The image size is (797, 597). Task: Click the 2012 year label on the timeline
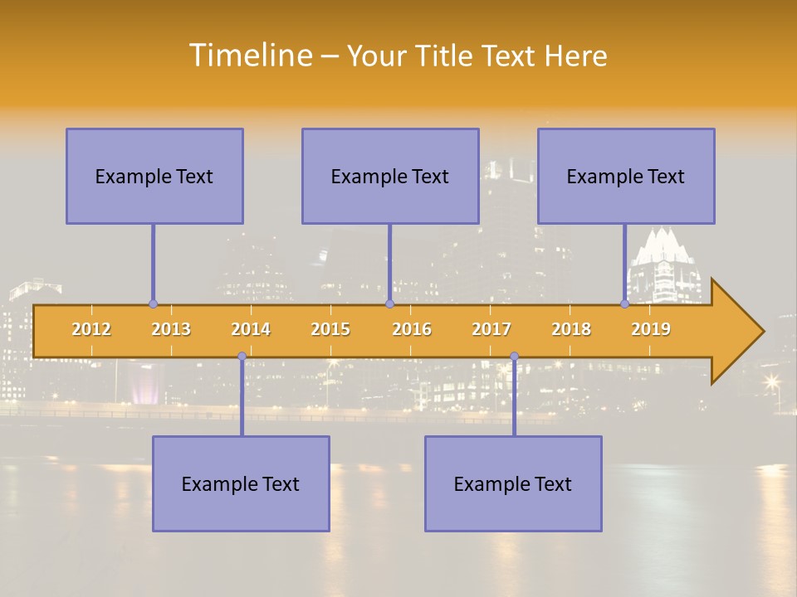click(91, 329)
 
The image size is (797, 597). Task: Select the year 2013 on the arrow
click(171, 329)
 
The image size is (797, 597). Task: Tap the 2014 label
click(251, 329)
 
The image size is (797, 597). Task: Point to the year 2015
click(330, 329)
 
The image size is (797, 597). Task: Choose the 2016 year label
click(412, 329)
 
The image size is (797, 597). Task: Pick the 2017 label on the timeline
click(491, 329)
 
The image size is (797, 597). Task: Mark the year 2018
click(571, 329)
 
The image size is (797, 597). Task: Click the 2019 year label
click(651, 329)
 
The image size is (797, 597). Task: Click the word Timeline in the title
click(249, 56)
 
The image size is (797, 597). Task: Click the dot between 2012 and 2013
click(153, 304)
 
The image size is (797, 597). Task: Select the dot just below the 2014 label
click(242, 357)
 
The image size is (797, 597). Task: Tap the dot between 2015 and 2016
click(389, 304)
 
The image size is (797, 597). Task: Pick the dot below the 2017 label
click(514, 357)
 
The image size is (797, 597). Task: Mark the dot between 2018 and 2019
click(624, 304)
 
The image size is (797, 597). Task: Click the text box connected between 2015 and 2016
click(390, 176)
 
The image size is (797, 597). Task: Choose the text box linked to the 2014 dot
click(241, 483)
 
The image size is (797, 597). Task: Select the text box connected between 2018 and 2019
click(626, 176)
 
